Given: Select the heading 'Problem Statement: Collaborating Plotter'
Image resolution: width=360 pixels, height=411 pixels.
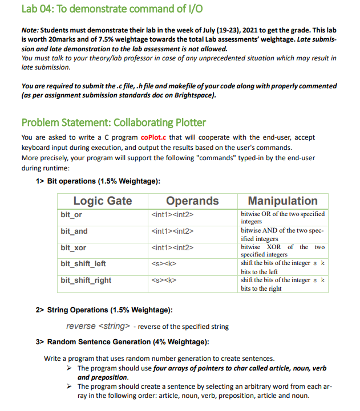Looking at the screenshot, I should (x=114, y=123).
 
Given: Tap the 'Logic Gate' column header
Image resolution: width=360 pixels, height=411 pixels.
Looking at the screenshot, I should (x=102, y=201).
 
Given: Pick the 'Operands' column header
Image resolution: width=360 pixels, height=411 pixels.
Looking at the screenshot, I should (x=192, y=201).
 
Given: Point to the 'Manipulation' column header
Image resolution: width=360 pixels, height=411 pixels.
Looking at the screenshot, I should (x=282, y=201).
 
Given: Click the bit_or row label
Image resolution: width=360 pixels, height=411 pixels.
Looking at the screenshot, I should (x=71, y=214).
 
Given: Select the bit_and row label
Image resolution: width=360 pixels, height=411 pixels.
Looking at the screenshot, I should (x=74, y=231).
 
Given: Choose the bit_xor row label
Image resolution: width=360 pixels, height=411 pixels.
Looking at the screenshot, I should (x=73, y=248).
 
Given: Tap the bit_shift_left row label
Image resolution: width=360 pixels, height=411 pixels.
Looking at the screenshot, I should (x=83, y=264).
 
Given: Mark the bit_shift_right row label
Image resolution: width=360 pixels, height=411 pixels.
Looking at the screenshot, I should (x=86, y=280).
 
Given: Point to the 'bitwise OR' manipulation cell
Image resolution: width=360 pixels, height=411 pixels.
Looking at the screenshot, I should (x=282, y=217).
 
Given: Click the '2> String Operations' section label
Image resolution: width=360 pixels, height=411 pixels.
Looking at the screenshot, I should (x=103, y=310).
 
